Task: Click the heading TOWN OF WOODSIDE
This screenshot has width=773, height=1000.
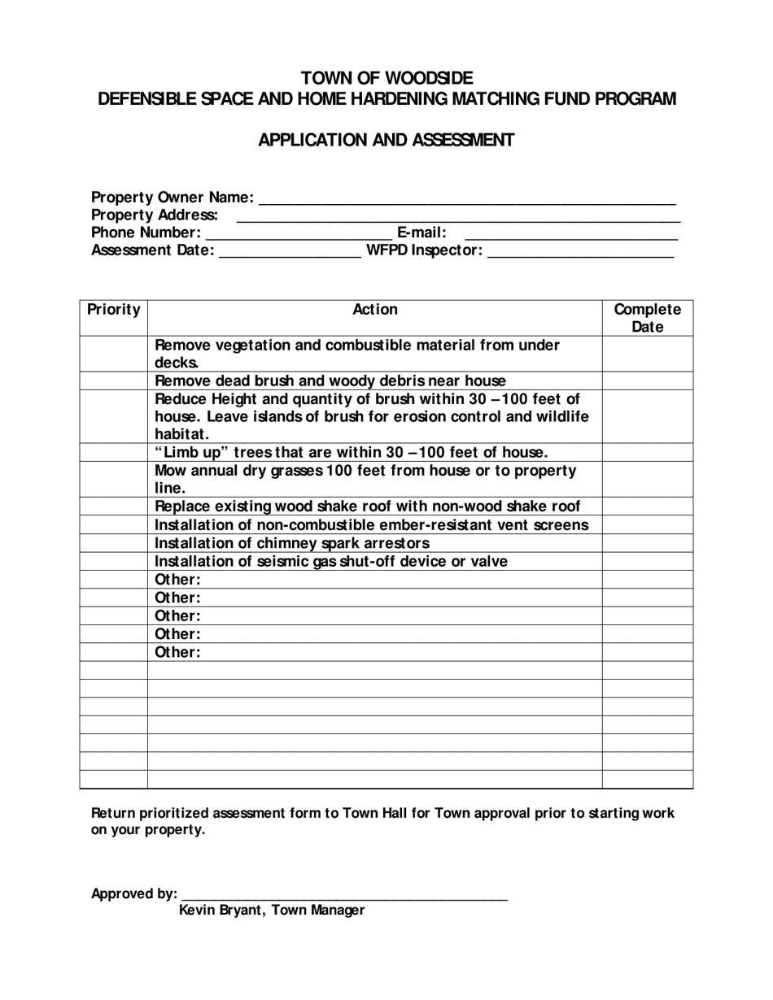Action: click(386, 78)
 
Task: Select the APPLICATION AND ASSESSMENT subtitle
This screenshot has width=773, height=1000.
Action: click(386, 140)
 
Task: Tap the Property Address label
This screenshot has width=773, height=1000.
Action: click(155, 215)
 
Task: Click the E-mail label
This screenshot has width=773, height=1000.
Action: click(421, 233)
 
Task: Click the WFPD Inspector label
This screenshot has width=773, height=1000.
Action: click(425, 251)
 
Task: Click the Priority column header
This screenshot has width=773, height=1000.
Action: click(113, 310)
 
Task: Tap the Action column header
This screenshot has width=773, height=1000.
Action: click(375, 310)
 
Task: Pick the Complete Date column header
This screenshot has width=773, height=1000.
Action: click(647, 318)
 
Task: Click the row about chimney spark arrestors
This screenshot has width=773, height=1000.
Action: click(292, 543)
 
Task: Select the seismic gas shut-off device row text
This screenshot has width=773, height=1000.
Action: click(331, 561)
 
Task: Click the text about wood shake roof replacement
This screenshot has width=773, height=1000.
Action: click(367, 507)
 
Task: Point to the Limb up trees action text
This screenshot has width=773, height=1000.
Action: click(351, 452)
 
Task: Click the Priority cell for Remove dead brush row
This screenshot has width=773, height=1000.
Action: click(113, 380)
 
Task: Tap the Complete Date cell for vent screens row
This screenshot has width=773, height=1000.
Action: click(647, 525)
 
